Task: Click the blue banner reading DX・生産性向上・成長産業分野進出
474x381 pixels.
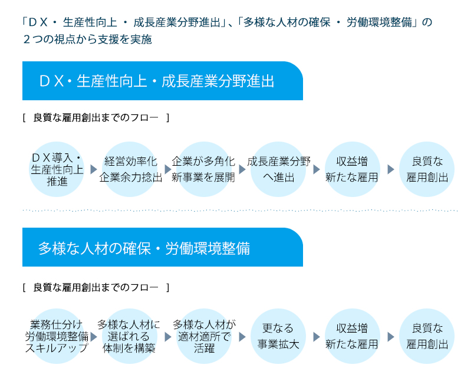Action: (x=163, y=81)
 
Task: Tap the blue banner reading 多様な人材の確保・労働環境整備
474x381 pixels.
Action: (x=163, y=247)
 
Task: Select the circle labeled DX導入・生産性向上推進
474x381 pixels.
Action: (x=57, y=169)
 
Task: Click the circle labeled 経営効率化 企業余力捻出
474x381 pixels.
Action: (x=130, y=169)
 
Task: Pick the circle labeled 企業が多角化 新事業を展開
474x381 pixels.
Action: (x=204, y=169)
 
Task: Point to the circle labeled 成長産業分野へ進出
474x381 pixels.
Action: (x=278, y=169)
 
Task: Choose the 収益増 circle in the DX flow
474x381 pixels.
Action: (x=352, y=169)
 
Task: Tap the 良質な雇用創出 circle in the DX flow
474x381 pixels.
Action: (x=426, y=169)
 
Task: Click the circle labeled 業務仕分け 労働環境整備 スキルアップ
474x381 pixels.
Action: (x=57, y=336)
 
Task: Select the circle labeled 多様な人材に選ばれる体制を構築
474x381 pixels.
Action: (x=130, y=336)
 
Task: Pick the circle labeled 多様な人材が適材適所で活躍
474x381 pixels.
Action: (x=204, y=336)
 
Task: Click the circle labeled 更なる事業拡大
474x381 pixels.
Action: (x=278, y=336)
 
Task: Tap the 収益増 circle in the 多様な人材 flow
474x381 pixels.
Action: (x=352, y=336)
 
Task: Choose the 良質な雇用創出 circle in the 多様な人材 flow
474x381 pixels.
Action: (x=426, y=336)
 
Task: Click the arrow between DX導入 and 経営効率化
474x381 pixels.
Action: (x=93, y=169)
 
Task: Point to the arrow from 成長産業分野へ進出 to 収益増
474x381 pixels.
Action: (x=316, y=169)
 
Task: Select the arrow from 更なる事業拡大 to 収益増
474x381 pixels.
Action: (x=316, y=337)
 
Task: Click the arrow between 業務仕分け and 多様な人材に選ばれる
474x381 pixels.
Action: (x=93, y=337)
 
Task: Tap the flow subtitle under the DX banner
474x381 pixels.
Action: (x=96, y=117)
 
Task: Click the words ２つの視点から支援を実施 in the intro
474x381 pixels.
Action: (x=87, y=40)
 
